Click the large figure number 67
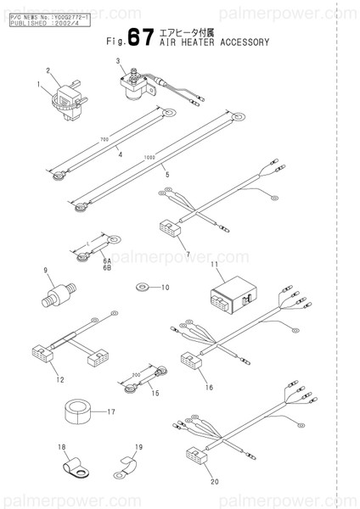139,38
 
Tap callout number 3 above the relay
120,60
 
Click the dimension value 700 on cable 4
104,139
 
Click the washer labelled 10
142,288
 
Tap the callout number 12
59,379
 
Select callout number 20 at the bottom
215,481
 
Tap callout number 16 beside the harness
209,386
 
